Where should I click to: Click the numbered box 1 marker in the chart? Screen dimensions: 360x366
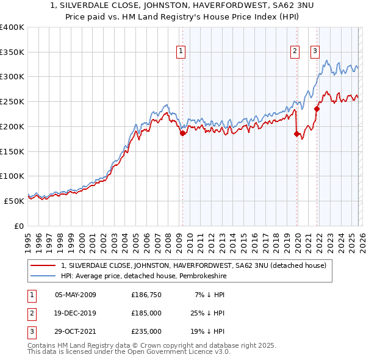pos(182,52)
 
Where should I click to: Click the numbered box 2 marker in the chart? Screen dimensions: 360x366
pos(295,52)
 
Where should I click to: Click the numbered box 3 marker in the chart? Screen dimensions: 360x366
pos(315,52)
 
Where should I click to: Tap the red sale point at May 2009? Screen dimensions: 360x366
pos(182,133)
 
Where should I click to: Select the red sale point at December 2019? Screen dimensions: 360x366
pos(297,134)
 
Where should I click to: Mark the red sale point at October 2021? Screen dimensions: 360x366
pos(317,109)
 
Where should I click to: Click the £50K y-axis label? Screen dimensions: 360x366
pos(15,201)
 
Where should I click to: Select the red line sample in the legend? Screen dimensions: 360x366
pos(44,265)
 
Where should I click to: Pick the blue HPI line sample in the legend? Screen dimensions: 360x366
pos(44,276)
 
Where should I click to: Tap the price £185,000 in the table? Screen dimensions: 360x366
pos(146,313)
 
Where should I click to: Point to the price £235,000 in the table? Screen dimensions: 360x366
pos(146,331)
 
